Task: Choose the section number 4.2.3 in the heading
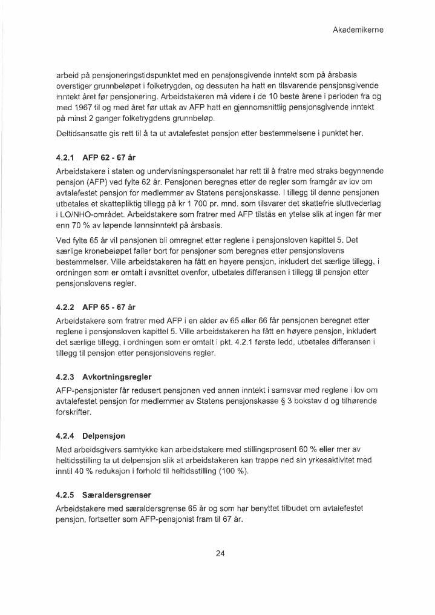tap(65, 377)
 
